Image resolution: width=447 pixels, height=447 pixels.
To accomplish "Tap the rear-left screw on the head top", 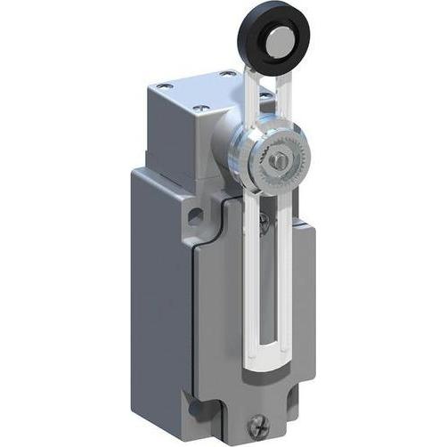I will point(163,87).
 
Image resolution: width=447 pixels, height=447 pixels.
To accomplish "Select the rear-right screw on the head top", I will point(230,74).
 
